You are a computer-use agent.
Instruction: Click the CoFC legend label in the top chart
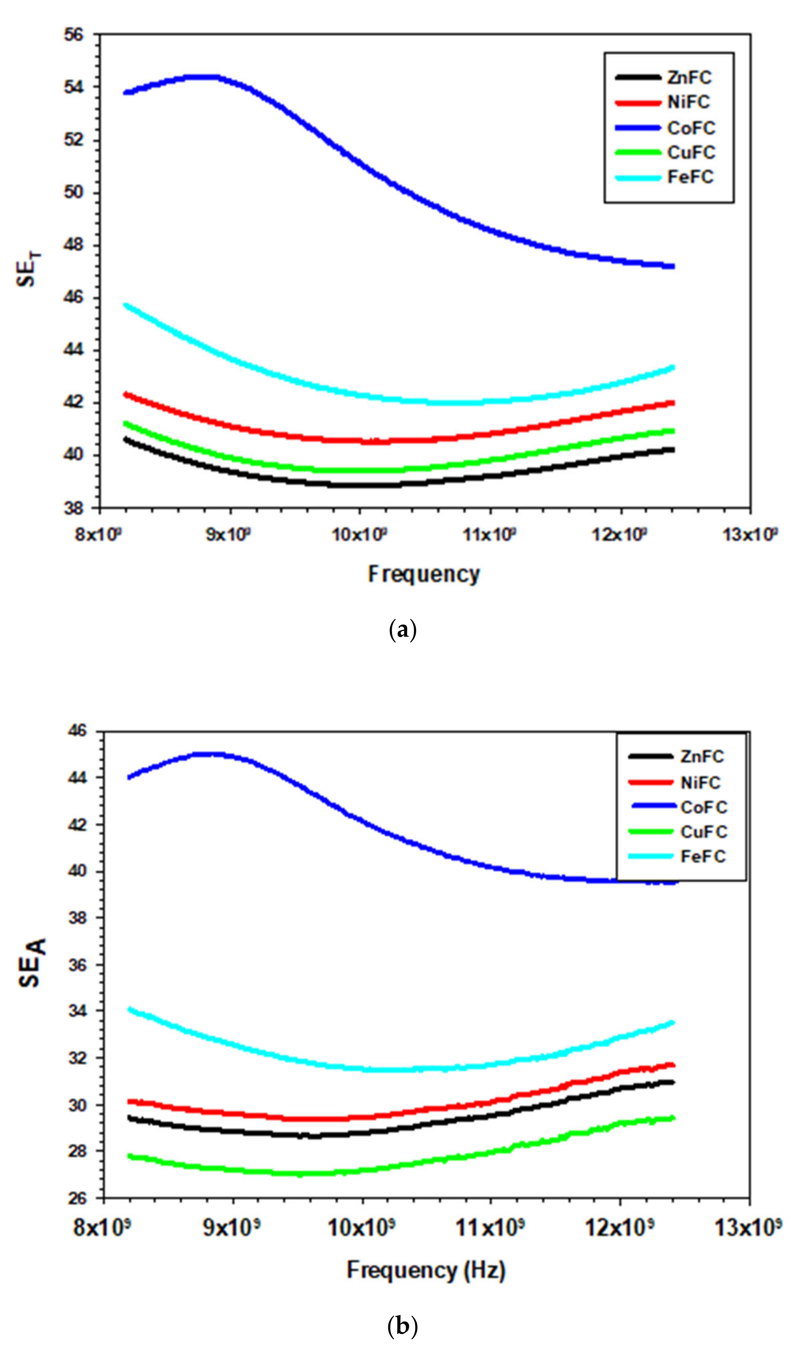[691, 128]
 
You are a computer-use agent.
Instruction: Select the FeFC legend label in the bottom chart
[703, 857]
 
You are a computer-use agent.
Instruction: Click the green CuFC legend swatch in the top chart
[637, 153]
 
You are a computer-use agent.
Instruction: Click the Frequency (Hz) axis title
[426, 1270]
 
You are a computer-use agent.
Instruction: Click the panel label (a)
[402, 630]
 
